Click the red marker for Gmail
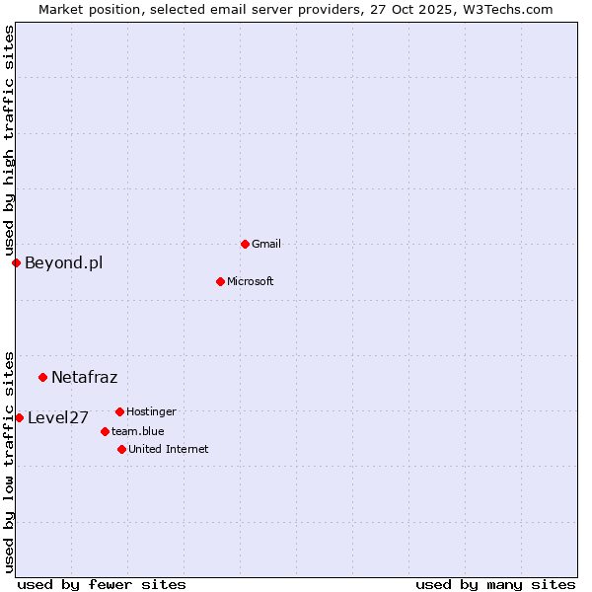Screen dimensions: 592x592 pos(245,244)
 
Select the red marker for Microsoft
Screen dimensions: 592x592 pos(221,281)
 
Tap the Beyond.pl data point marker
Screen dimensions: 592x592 pos(16,262)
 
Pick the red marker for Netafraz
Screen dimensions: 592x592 pos(42,377)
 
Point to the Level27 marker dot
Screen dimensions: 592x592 pos(19,417)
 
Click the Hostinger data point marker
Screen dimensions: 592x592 pos(119,411)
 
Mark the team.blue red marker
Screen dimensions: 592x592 pos(105,431)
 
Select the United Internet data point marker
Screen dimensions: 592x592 pos(121,449)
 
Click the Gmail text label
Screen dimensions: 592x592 pos(266,244)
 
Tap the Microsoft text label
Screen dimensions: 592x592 pos(251,281)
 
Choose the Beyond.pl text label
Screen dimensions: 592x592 pos(63,262)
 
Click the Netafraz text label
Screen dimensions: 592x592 pos(84,377)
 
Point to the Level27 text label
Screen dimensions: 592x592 pos(58,417)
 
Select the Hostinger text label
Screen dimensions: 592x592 pos(151,411)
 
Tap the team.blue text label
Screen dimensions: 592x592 pos(138,431)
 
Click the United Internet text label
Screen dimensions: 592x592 pos(168,449)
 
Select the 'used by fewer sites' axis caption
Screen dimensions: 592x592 pos(102,584)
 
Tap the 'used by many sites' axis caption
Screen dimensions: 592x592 pos(495,584)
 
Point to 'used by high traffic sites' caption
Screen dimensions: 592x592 pos(9,141)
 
